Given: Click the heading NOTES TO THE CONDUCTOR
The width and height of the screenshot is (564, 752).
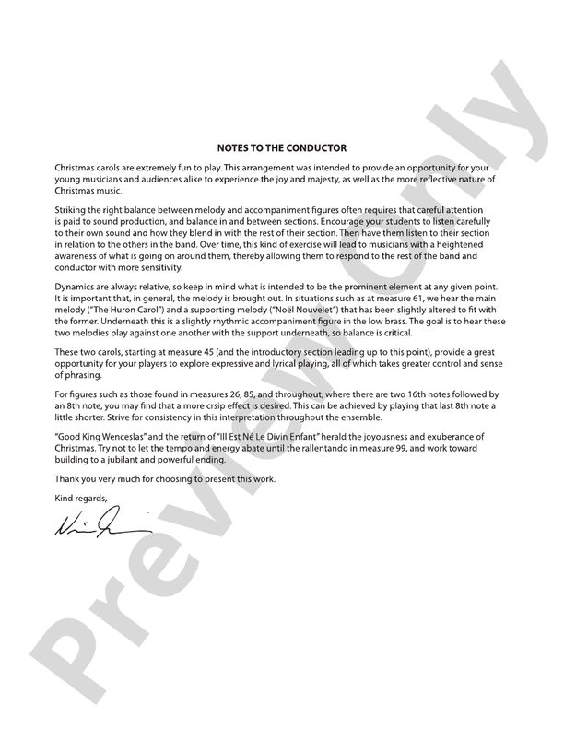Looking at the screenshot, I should pyautogui.click(x=282, y=147).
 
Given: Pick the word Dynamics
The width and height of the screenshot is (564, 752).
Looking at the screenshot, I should pyautogui.click(x=75, y=288).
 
